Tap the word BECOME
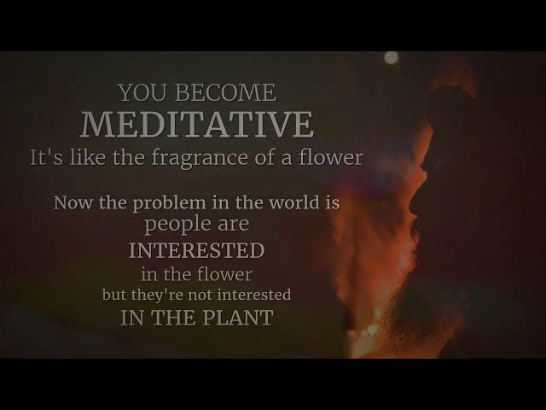point(225,92)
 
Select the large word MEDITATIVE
point(197,124)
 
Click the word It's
point(47,157)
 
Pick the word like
point(87,157)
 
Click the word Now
point(73,202)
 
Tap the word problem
point(169,203)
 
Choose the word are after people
point(234,225)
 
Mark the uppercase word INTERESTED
point(197,250)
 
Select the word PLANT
point(238,318)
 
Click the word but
point(114,295)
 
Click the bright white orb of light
point(391,58)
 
